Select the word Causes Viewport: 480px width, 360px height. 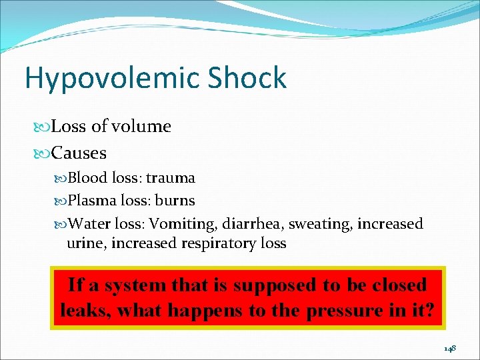(x=79, y=153)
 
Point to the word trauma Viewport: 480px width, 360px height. (x=171, y=178)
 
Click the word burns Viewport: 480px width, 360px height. (x=175, y=201)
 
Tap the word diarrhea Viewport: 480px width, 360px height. (x=255, y=224)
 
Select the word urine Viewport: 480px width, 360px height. (x=86, y=243)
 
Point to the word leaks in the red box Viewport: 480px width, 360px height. (x=83, y=311)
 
